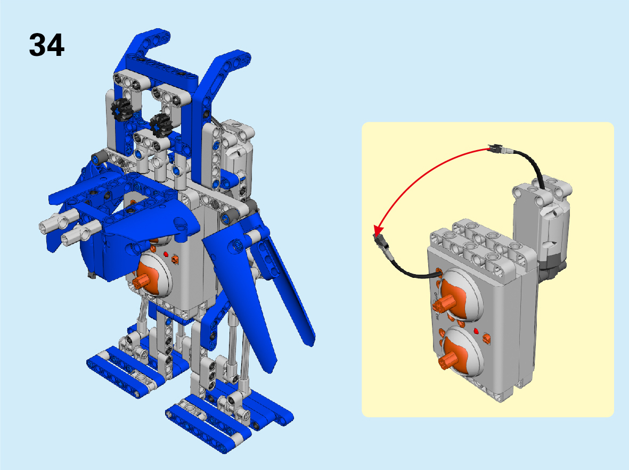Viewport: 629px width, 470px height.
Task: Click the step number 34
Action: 46,45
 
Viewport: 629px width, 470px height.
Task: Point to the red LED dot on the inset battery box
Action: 476,331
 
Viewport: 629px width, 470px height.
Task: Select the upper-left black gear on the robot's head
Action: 121,109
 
